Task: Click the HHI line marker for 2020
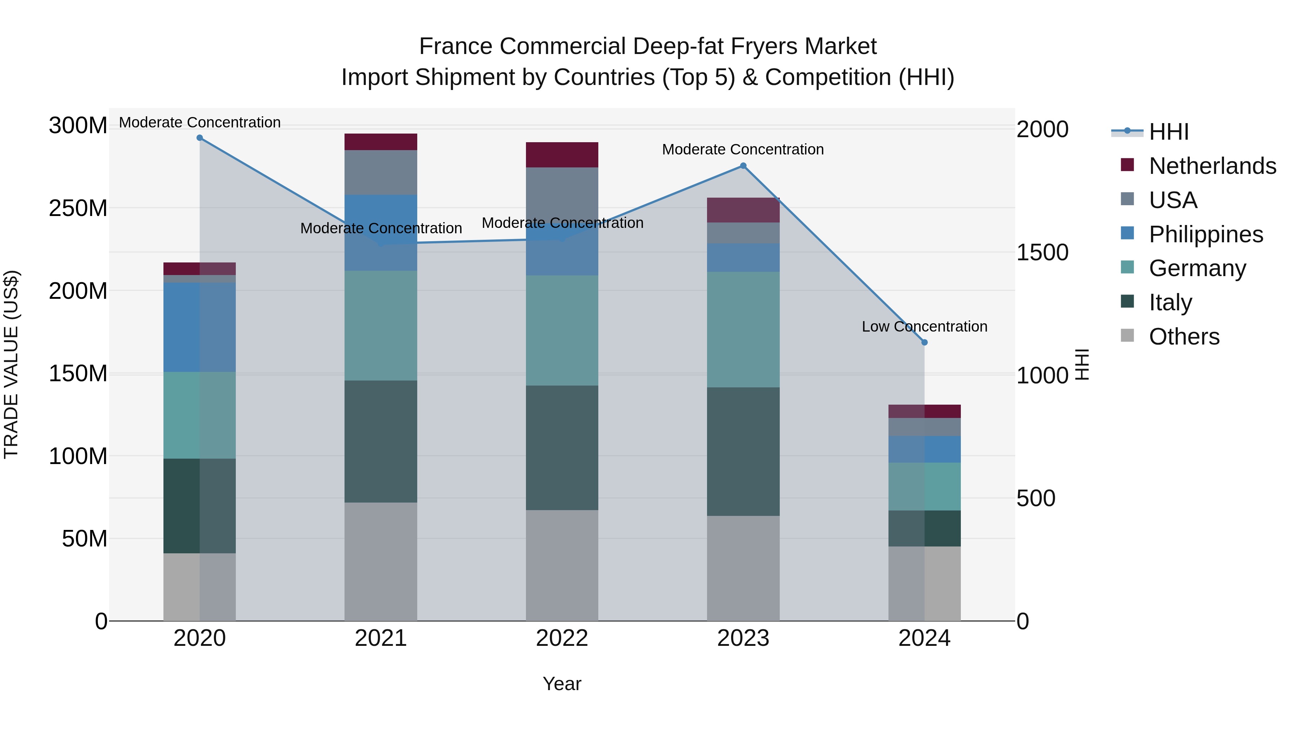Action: click(200, 138)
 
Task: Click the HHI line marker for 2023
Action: click(743, 166)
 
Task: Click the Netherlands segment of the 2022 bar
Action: click(562, 155)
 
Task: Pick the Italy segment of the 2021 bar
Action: click(381, 441)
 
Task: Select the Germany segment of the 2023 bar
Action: click(743, 329)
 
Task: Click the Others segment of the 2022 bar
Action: click(562, 566)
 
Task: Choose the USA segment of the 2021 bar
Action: click(381, 172)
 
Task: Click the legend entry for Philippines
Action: click(1205, 234)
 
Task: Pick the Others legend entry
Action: click(1183, 337)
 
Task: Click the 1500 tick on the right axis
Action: click(1043, 253)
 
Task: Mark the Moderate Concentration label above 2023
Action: click(743, 149)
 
